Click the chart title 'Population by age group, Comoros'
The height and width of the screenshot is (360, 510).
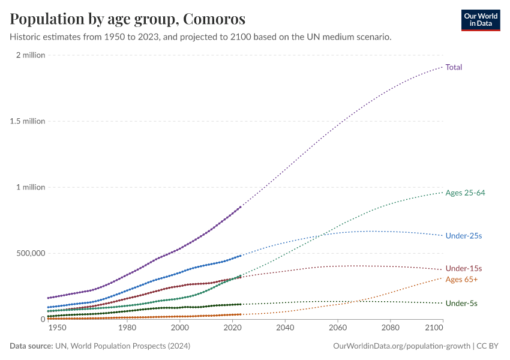(127, 19)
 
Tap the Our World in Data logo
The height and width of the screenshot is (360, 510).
(480, 20)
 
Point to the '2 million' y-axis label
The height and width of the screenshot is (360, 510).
(30, 55)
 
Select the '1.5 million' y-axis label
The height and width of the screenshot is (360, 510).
(26, 121)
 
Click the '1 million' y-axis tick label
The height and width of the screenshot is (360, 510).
(30, 187)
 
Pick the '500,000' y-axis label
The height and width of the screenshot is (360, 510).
(29, 253)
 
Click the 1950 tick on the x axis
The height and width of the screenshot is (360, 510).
(57, 328)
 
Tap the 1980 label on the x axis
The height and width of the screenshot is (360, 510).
(127, 328)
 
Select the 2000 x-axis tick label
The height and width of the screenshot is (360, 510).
(180, 328)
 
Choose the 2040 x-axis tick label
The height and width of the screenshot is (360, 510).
(285, 328)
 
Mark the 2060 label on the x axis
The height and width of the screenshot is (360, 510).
(338, 328)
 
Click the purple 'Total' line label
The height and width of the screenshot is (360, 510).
(454, 67)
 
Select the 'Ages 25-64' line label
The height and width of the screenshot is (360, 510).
(465, 193)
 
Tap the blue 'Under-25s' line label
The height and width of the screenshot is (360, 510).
(463, 236)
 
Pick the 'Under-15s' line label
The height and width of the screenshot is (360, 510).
(463, 269)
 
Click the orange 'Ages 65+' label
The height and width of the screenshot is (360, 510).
(461, 280)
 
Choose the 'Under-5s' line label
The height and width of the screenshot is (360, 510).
(461, 304)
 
